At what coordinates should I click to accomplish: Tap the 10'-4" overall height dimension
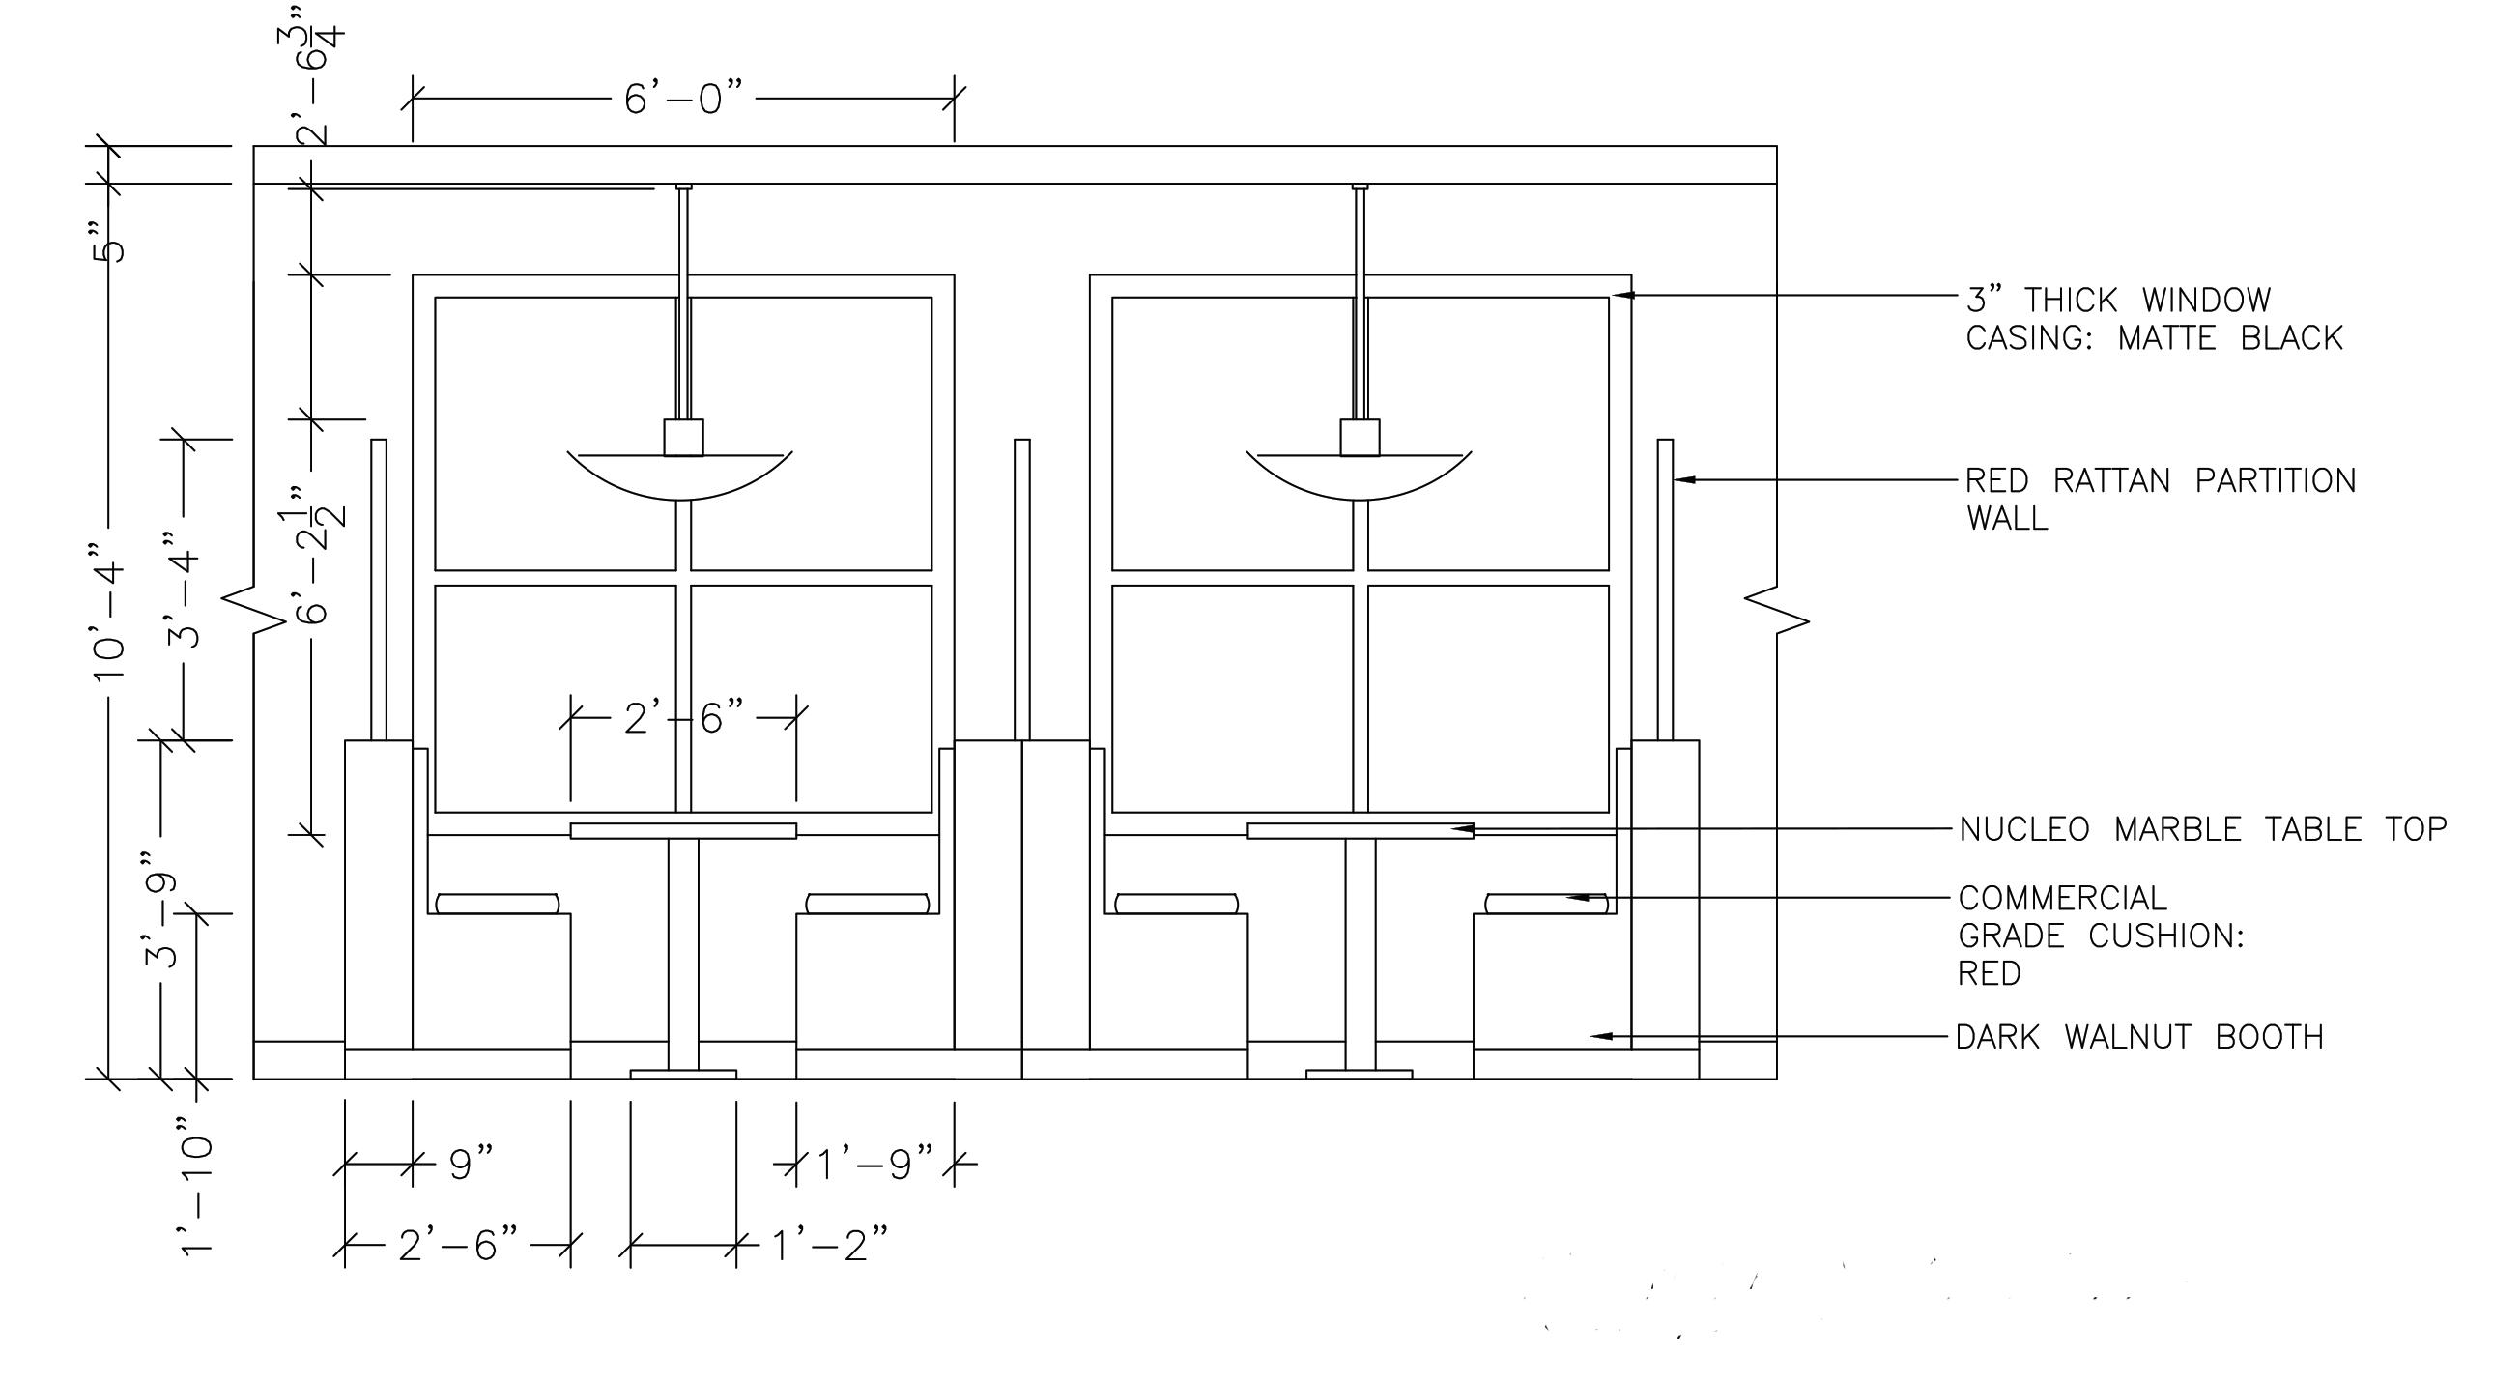pyautogui.click(x=109, y=619)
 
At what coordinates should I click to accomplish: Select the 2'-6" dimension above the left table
pyautogui.click(x=683, y=718)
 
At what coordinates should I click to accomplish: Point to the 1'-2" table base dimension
pyautogui.click(x=829, y=1245)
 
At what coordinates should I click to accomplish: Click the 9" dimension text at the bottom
pyautogui.click(x=472, y=1164)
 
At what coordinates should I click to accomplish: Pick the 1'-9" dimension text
pyautogui.click(x=874, y=1164)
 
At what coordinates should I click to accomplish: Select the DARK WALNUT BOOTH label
pyautogui.click(x=2138, y=1038)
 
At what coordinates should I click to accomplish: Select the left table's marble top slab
pyautogui.click(x=683, y=830)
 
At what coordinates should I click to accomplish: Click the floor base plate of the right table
pyautogui.click(x=1359, y=1074)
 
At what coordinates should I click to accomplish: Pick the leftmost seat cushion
pyautogui.click(x=498, y=904)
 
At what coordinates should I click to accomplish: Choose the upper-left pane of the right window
pyautogui.click(x=1232, y=434)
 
